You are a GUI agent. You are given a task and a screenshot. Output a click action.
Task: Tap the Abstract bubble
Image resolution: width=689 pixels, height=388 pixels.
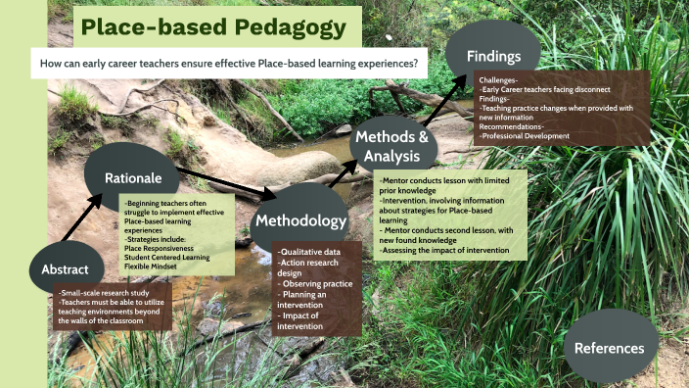(66, 268)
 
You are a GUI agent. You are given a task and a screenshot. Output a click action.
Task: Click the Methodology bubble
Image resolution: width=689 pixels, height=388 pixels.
(299, 220)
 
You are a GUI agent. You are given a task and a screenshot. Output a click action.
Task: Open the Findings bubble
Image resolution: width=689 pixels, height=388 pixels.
(492, 54)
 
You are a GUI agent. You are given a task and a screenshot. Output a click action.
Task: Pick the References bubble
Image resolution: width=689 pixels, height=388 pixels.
(609, 347)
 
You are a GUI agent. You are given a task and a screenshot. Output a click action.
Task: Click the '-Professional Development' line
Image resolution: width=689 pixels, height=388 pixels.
(525, 136)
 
